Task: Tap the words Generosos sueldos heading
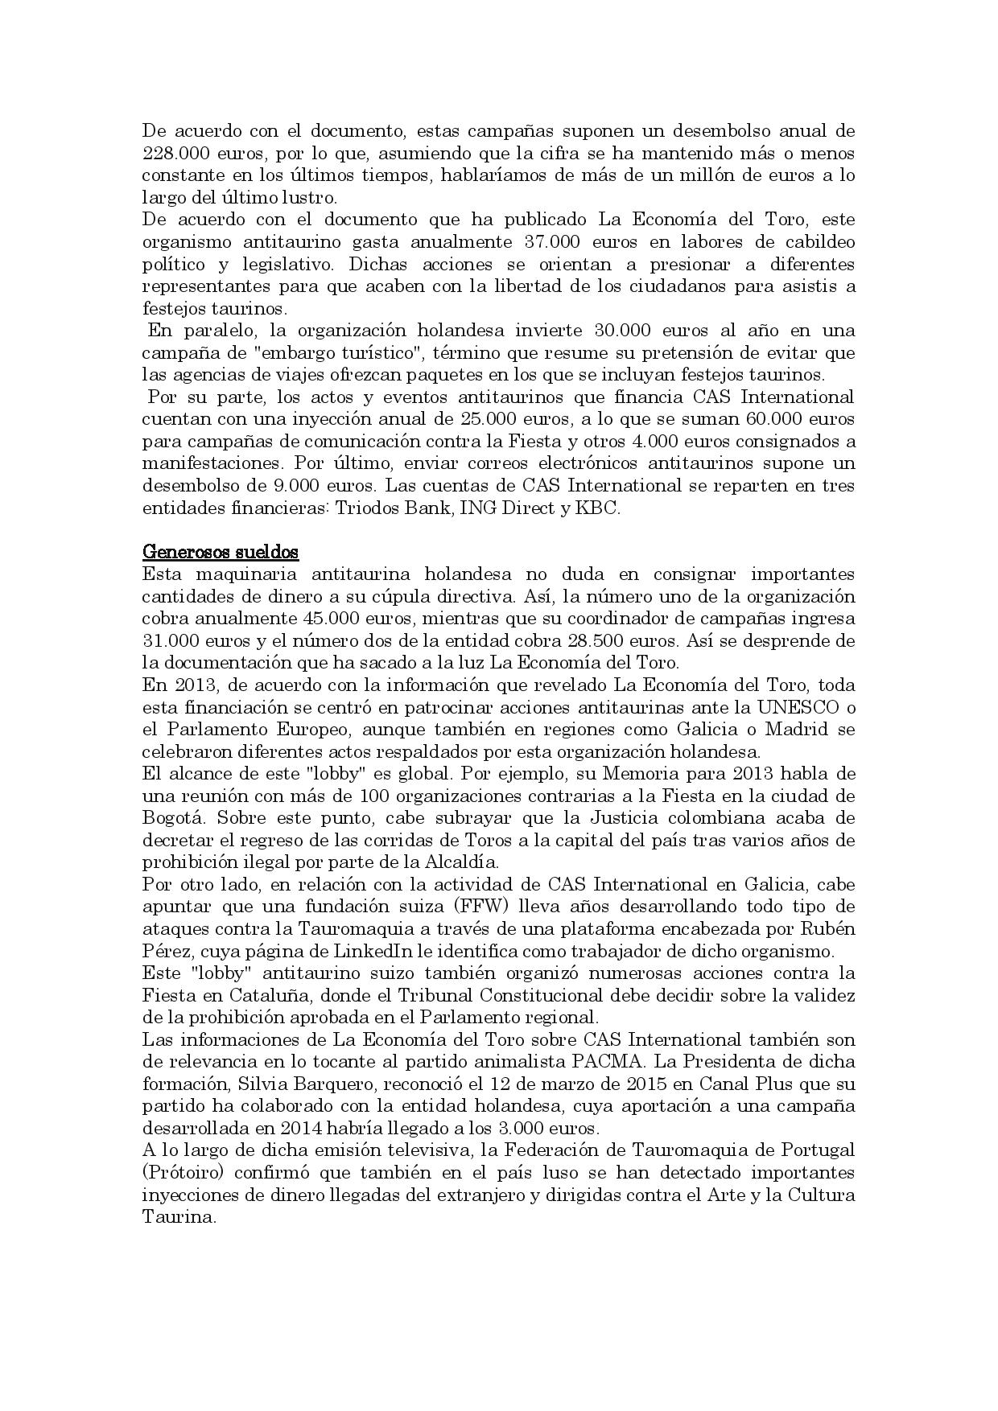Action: pos(221,552)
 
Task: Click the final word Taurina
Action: pos(179,1216)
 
